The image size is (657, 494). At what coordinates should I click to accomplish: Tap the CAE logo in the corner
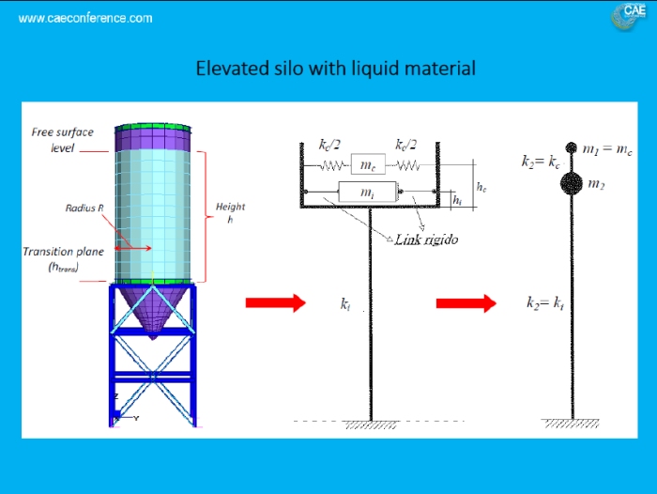click(628, 14)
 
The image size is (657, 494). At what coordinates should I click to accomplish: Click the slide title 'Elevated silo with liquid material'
click(335, 69)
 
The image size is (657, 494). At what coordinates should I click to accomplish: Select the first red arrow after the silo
click(275, 302)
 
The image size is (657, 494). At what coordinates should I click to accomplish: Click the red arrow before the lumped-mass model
click(466, 302)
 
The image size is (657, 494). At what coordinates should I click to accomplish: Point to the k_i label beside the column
click(346, 304)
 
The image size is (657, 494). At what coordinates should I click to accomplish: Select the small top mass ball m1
click(572, 148)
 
